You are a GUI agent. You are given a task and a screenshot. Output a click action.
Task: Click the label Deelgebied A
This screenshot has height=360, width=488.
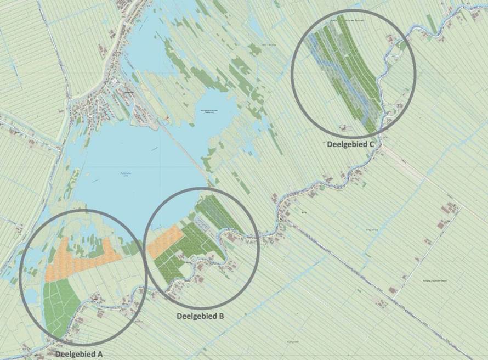click(78, 354)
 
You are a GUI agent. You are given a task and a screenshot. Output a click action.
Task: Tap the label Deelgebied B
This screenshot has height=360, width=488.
click(200, 316)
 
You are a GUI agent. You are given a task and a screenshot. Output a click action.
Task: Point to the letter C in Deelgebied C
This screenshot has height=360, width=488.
click(371, 144)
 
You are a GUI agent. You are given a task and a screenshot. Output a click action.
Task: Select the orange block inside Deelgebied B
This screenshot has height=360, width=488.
click(164, 241)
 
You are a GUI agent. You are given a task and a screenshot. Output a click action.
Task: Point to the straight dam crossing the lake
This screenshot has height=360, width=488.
click(181, 148)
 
